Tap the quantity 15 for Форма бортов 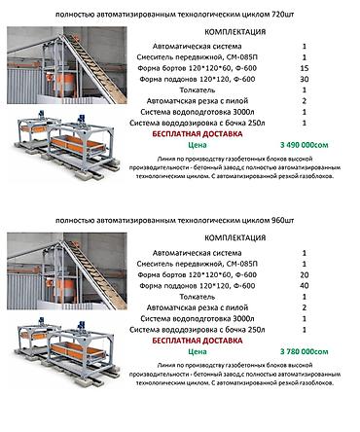click(305, 70)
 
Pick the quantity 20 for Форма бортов click(305, 273)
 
